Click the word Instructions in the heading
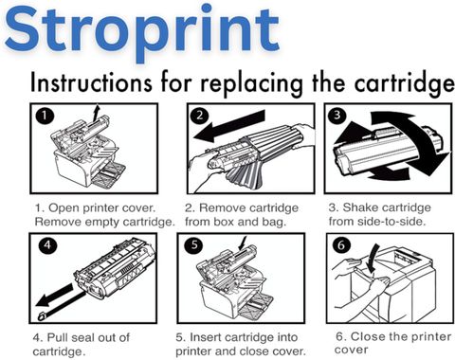91,82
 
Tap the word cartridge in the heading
405,84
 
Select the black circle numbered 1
45,116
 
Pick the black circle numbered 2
200,116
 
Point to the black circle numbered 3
337,115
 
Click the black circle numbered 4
47,245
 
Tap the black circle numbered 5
194,245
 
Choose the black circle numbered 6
341,245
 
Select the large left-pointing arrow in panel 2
229,126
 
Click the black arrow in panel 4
54,295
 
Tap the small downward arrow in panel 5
243,243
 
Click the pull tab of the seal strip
42,315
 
